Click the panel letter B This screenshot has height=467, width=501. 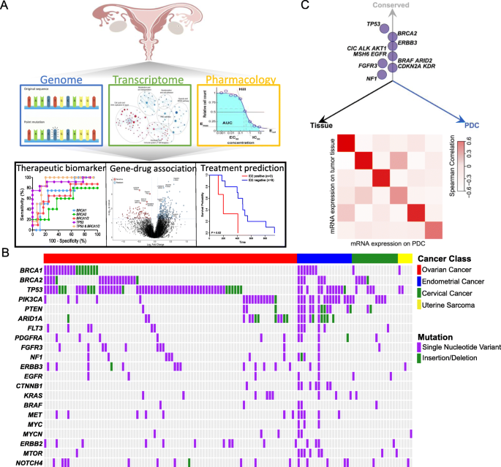click(7, 251)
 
